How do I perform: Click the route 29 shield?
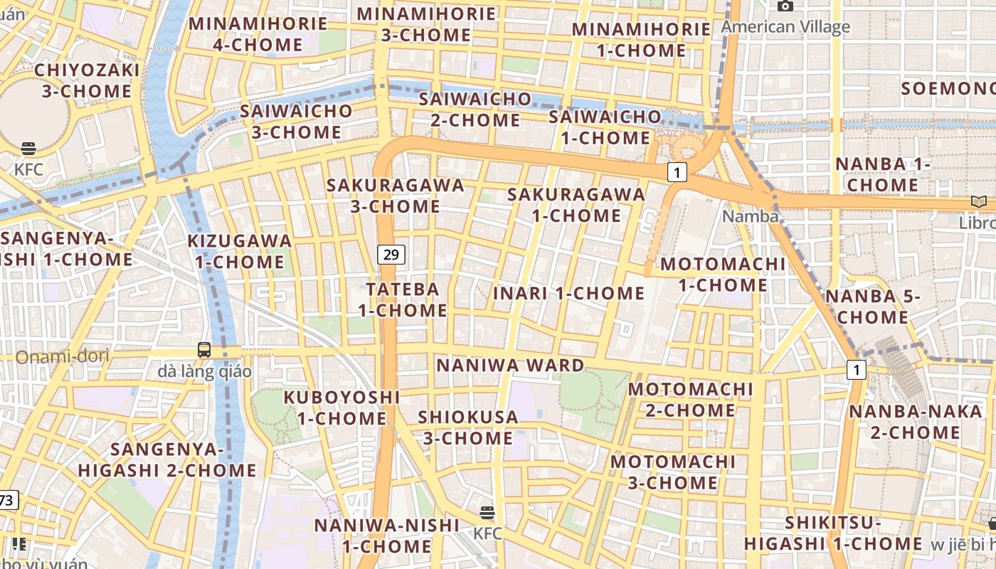click(x=391, y=254)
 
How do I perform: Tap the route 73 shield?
click(x=6, y=500)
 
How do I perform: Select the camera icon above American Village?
click(x=785, y=6)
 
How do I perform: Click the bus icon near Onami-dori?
click(x=204, y=349)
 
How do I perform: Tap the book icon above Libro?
click(x=979, y=201)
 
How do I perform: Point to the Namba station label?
click(x=750, y=216)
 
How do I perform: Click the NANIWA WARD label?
click(x=510, y=366)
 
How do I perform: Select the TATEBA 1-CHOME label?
click(x=403, y=299)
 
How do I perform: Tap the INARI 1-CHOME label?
click(x=568, y=293)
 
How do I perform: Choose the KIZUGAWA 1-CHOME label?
click(x=239, y=251)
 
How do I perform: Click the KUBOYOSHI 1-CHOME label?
click(x=341, y=407)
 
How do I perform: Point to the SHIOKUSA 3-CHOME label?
click(x=467, y=427)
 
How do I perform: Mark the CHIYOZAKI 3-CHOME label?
click(x=87, y=80)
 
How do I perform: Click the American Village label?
click(x=785, y=27)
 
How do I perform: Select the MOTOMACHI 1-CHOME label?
click(x=723, y=275)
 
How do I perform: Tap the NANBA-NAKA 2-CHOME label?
click(x=915, y=422)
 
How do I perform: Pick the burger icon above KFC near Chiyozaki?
click(x=28, y=149)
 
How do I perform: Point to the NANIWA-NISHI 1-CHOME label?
click(x=386, y=536)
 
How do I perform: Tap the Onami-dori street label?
click(x=62, y=356)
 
